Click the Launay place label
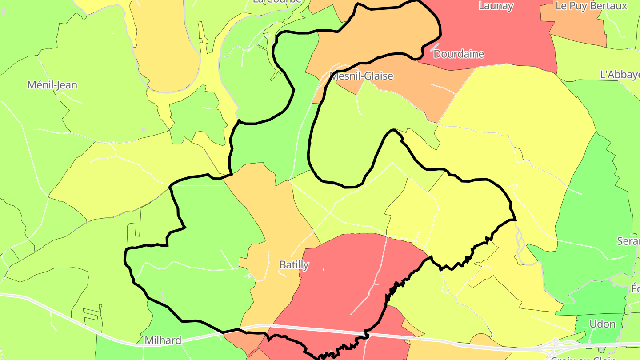(x=496, y=6)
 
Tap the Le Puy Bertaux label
(x=591, y=6)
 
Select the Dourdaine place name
(x=458, y=54)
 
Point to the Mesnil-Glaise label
(x=361, y=76)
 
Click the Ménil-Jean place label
(x=52, y=85)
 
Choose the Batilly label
(x=294, y=265)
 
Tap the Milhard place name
(x=163, y=340)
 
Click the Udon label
(x=602, y=324)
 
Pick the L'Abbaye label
(x=619, y=75)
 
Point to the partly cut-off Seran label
(x=628, y=241)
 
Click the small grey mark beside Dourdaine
(x=434, y=46)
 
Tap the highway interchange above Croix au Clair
(x=555, y=343)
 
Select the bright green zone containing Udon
(x=596, y=307)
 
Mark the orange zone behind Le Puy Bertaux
(x=578, y=27)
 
